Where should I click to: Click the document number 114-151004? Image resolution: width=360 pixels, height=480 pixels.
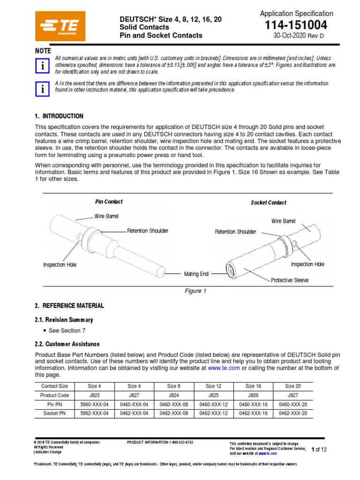click(x=296, y=25)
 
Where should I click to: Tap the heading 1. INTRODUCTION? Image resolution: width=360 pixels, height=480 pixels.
click(x=59, y=116)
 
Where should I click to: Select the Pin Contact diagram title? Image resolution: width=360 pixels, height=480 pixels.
click(x=109, y=202)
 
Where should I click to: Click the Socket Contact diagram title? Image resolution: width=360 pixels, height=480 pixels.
click(x=269, y=202)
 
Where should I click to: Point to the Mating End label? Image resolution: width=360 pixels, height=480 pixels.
click(x=196, y=274)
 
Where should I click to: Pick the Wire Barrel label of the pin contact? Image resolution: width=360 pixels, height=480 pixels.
click(x=106, y=217)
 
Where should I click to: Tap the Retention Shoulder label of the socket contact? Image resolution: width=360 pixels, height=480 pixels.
click(x=235, y=232)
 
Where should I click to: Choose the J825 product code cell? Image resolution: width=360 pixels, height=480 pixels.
click(x=213, y=395)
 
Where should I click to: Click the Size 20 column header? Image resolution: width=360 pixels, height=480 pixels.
click(x=293, y=386)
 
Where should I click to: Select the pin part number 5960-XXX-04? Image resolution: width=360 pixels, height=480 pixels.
click(x=94, y=404)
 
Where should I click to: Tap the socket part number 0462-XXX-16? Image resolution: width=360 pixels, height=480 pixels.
click(x=253, y=413)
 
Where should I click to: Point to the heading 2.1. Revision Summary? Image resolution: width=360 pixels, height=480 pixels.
click(x=64, y=320)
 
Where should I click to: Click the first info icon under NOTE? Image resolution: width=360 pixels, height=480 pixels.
click(x=43, y=67)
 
